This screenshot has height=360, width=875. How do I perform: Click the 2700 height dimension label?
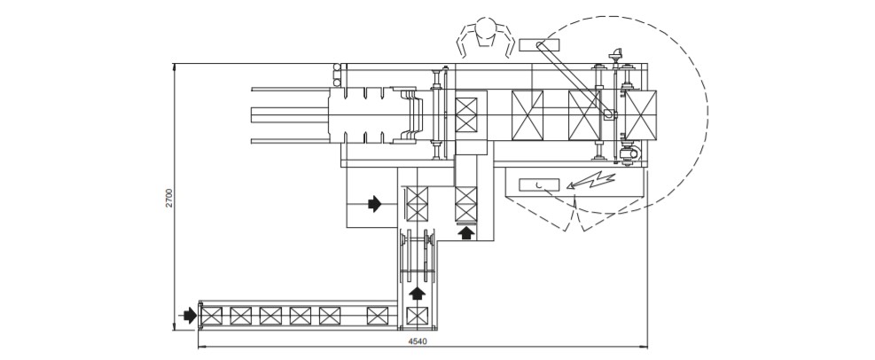168,198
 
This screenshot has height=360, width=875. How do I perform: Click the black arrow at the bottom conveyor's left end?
189,315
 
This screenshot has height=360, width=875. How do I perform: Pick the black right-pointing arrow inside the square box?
375,204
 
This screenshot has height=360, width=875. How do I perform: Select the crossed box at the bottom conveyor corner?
417,315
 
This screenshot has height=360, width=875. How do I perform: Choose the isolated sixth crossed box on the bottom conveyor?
377,315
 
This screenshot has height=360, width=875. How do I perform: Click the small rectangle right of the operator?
535,44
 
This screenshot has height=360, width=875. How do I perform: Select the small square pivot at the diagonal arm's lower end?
609,113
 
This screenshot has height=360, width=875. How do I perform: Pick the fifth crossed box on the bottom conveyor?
330,315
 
